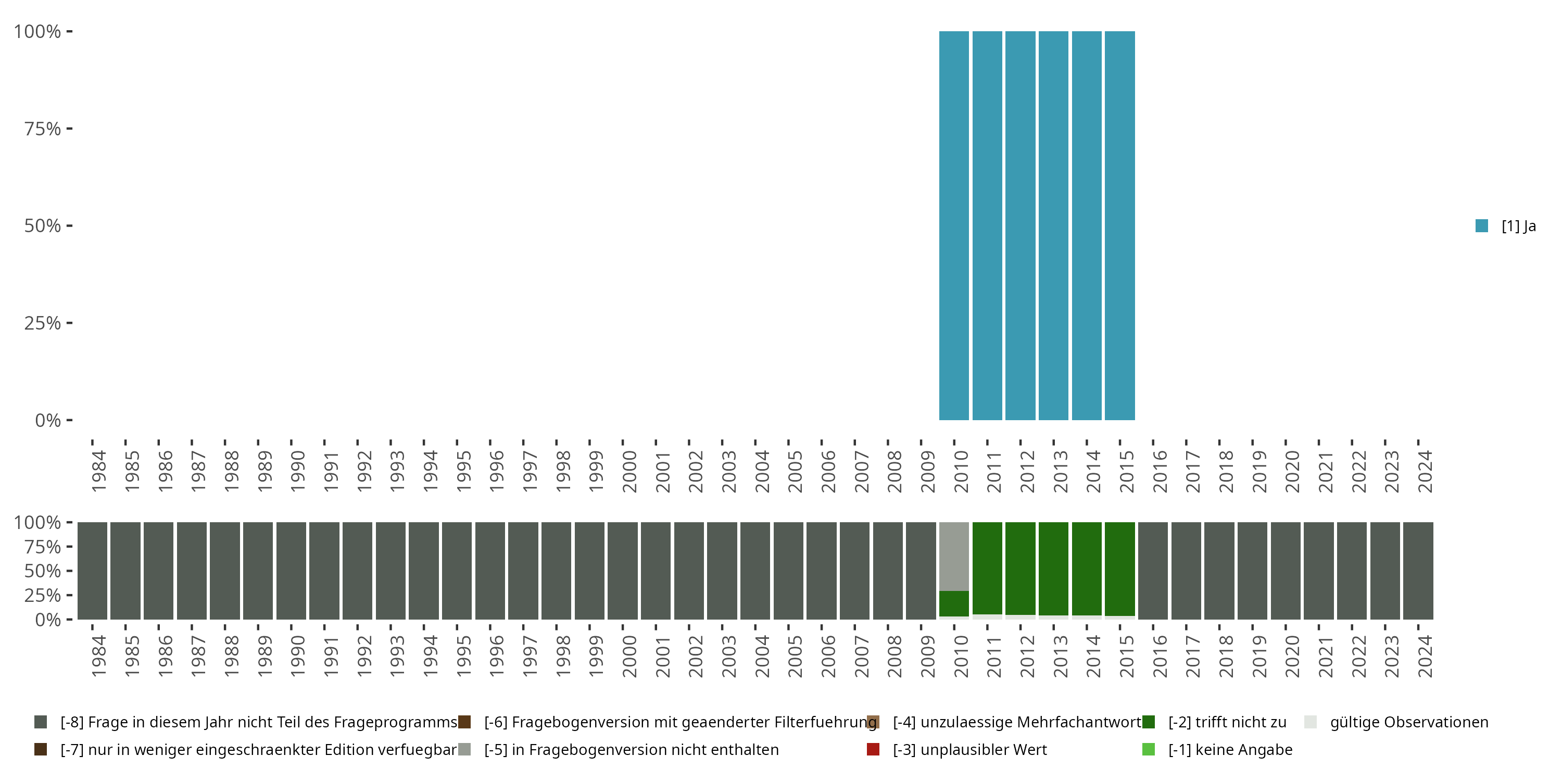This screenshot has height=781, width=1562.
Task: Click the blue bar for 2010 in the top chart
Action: tap(954, 225)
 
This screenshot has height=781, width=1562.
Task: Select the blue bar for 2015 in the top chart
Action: tap(1119, 225)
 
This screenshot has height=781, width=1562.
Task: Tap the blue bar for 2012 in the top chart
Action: tap(1020, 225)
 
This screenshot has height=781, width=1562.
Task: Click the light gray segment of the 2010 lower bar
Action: tap(954, 556)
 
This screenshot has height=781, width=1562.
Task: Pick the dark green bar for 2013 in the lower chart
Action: tap(1053, 568)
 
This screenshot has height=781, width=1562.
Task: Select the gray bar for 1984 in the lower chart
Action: tap(92, 571)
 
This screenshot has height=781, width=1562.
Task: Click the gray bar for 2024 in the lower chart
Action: tap(1418, 571)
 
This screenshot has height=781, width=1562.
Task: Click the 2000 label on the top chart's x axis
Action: tap(629, 471)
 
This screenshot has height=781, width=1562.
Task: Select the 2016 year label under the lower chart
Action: tap(1160, 656)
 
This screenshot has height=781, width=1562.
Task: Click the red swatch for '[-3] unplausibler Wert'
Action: tap(873, 749)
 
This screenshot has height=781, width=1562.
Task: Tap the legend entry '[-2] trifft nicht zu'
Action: tap(1227, 722)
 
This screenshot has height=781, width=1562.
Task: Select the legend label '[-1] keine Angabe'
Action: tap(1230, 749)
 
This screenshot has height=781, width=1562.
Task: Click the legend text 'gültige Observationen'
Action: tap(1408, 722)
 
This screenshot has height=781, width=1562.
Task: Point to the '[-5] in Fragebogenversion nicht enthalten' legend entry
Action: tap(631, 749)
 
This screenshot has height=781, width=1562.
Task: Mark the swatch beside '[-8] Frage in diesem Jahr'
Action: tap(41, 722)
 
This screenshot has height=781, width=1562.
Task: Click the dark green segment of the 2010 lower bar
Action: tap(954, 603)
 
